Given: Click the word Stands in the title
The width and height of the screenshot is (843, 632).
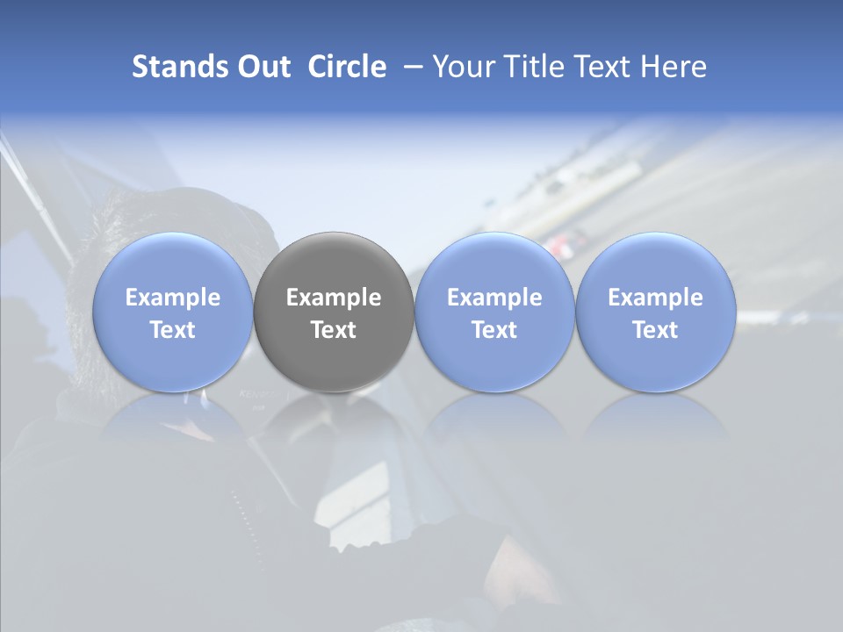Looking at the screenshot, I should click(175, 67).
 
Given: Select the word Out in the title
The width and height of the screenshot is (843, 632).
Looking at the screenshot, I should click(261, 67).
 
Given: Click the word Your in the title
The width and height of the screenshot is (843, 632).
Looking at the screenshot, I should click(461, 67).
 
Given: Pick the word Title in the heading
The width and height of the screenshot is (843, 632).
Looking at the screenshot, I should click(530, 67).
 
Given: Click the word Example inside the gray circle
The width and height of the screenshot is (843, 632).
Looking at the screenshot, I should click(334, 298).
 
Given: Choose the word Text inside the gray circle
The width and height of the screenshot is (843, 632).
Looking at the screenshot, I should click(334, 330).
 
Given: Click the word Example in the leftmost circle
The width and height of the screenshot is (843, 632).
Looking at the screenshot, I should click(173, 298).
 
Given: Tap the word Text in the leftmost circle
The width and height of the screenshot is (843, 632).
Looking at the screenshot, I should click(173, 330).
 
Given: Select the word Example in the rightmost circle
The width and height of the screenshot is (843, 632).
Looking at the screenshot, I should click(655, 298).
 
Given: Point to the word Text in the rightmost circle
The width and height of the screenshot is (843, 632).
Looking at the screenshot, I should click(655, 330).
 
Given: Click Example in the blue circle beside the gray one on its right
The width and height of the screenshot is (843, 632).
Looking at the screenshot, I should click(494, 298).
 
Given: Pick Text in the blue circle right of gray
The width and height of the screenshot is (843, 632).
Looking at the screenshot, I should click(494, 330).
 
